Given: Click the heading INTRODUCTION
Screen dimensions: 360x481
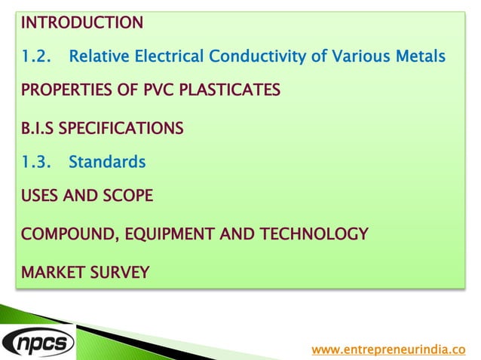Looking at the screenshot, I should click(81, 23).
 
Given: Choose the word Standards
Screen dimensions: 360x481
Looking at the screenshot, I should click(107, 162).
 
